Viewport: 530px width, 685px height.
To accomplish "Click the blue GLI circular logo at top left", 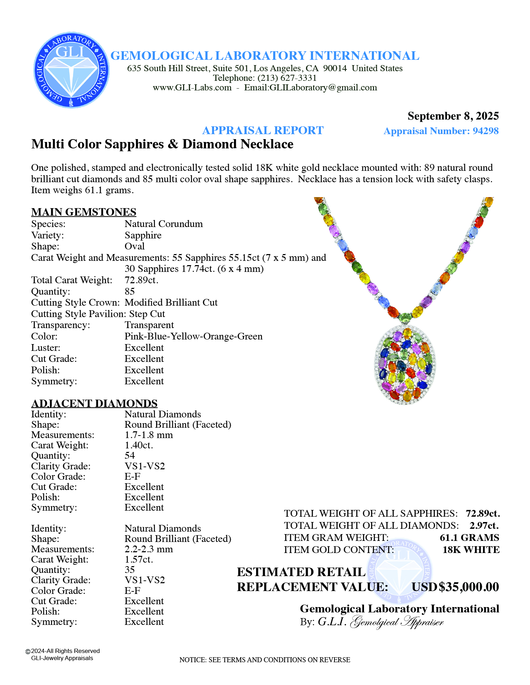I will (x=71, y=70).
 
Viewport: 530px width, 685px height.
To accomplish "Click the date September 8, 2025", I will (x=453, y=116).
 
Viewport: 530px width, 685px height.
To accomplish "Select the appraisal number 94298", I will (x=485, y=131).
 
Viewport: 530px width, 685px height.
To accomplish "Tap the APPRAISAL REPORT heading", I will (x=263, y=131).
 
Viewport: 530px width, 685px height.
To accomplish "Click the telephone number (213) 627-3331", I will (x=287, y=78).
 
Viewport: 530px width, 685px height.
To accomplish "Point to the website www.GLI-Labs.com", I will (x=192, y=88).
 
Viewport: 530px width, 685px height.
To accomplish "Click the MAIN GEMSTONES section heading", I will (x=84, y=212).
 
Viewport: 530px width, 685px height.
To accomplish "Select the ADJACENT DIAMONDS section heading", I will (x=94, y=403).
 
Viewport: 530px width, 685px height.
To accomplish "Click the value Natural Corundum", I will (x=163, y=224).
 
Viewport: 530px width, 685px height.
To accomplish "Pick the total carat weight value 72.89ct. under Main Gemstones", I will (x=141, y=280).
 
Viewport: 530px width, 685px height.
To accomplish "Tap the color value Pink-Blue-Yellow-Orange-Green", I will (x=193, y=336).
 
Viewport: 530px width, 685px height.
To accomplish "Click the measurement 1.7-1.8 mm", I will (x=149, y=435).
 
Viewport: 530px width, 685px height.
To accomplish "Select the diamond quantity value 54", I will (x=130, y=455).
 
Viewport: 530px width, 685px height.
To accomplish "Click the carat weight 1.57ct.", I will (x=139, y=559).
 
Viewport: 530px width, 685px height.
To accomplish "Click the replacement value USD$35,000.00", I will (x=455, y=587).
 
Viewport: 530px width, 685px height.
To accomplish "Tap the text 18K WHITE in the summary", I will (x=471, y=550).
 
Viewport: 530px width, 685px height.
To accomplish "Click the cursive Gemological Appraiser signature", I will (x=397, y=622).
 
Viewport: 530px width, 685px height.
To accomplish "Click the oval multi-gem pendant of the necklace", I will (x=405, y=365).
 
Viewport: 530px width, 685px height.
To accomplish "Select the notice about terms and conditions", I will (x=265, y=660).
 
